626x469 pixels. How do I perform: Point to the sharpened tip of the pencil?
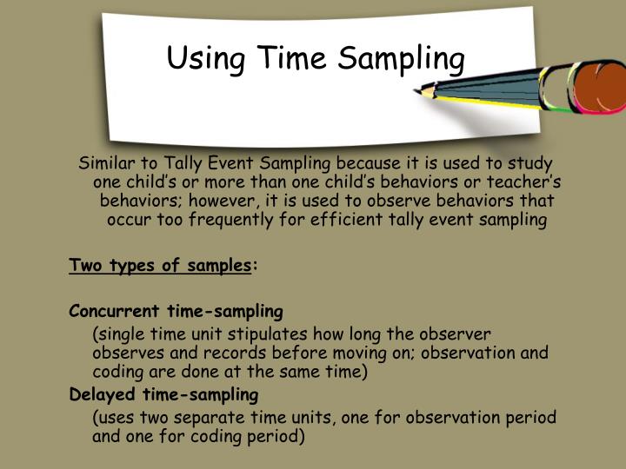coord(423,89)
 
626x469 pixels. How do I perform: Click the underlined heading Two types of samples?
coord(160,266)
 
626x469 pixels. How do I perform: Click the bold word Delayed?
coord(98,394)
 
